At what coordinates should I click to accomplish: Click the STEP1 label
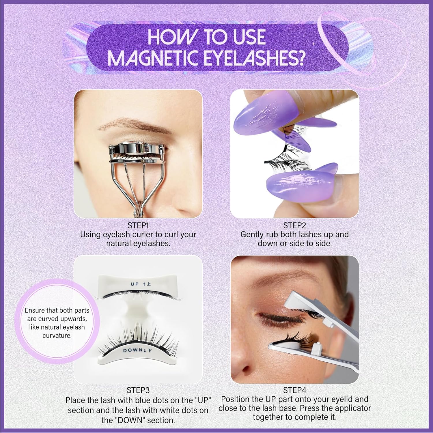tap(138, 225)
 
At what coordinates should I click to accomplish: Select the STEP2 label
tap(294, 225)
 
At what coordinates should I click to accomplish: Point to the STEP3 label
tap(138, 390)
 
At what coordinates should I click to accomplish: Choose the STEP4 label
tap(294, 390)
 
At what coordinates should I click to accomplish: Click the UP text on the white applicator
tap(135, 284)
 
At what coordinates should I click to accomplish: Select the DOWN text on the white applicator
tap(132, 350)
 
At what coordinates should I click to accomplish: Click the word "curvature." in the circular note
tap(57, 335)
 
